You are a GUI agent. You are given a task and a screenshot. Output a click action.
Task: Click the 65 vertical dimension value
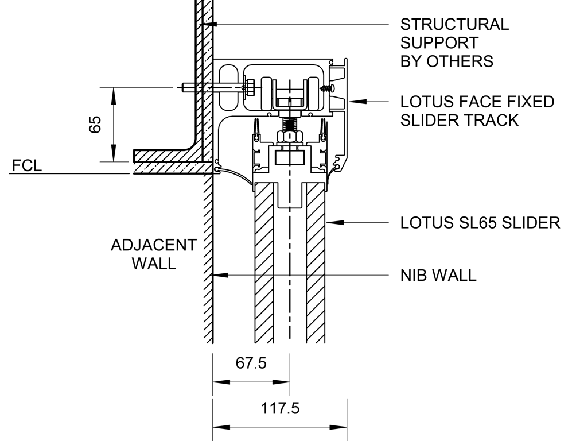pyautogui.click(x=96, y=124)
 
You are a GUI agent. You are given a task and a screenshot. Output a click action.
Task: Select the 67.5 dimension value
pyautogui.click(x=251, y=364)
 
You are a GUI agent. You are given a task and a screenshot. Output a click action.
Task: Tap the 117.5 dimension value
pyautogui.click(x=281, y=409)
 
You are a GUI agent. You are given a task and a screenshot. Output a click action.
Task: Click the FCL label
pyautogui.click(x=26, y=167)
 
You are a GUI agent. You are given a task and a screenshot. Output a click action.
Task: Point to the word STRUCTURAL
pyautogui.click(x=454, y=25)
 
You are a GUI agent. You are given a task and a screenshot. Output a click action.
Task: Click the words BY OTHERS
pyautogui.click(x=446, y=61)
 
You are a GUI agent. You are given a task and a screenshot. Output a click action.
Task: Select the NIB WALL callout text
pyautogui.click(x=438, y=275)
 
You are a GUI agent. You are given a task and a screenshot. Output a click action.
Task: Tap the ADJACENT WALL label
pyautogui.click(x=153, y=254)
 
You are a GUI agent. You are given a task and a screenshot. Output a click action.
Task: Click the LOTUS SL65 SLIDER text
pyautogui.click(x=480, y=223)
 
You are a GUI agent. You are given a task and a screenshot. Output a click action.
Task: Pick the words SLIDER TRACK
pyautogui.click(x=459, y=120)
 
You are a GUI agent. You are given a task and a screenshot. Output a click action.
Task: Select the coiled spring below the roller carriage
pyautogui.click(x=289, y=122)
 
